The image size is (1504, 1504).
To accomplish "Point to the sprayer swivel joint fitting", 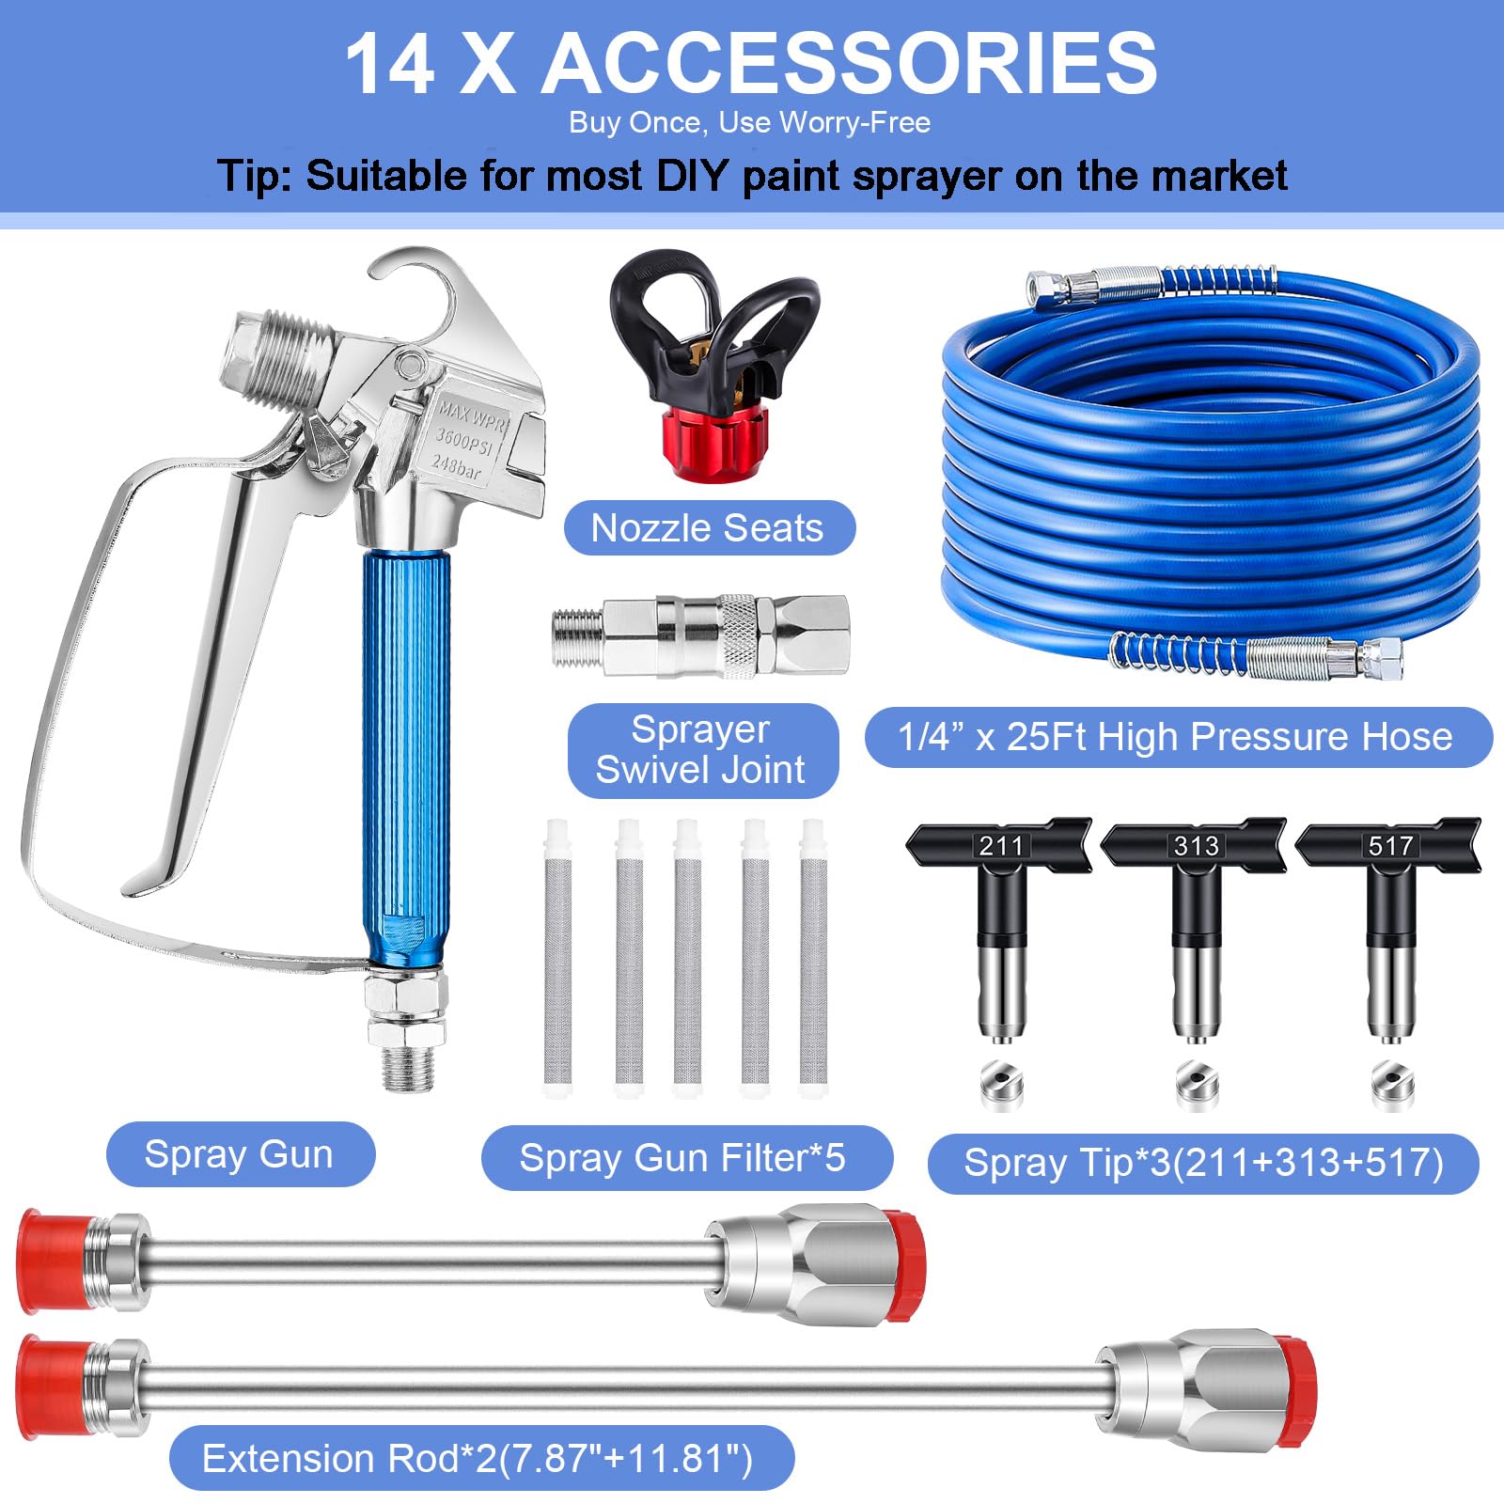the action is click(700, 635).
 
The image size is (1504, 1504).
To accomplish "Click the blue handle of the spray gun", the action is click(405, 757).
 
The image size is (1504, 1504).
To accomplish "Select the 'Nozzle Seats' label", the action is click(709, 527).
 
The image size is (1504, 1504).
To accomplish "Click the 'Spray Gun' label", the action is click(240, 1153).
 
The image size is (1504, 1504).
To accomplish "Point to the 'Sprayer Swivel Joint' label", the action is click(702, 750).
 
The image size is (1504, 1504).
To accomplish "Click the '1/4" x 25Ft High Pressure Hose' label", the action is click(1178, 737).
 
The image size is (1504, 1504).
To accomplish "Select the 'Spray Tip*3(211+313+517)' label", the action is click(1203, 1163).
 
